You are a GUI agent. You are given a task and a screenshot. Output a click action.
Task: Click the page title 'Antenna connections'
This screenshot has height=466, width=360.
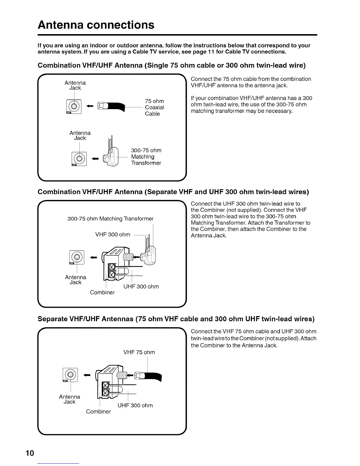click(96, 25)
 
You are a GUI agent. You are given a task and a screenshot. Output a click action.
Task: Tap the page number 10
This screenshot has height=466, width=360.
click(30, 453)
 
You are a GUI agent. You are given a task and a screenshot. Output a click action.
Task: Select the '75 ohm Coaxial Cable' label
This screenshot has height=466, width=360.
click(154, 107)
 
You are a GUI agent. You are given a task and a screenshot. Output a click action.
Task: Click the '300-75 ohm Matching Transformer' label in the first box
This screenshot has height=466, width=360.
click(146, 157)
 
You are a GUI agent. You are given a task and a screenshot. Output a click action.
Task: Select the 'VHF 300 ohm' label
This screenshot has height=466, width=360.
click(113, 234)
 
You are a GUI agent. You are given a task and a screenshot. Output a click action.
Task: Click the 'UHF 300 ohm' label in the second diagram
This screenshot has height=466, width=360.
click(141, 287)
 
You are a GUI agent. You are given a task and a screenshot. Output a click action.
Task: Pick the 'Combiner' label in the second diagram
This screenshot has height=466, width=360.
click(102, 293)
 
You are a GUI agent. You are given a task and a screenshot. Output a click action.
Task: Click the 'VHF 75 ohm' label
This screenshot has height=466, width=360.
click(139, 352)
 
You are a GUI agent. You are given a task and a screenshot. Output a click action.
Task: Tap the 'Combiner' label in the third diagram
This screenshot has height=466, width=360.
click(98, 412)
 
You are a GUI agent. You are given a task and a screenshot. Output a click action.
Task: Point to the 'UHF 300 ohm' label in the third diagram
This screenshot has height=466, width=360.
click(135, 406)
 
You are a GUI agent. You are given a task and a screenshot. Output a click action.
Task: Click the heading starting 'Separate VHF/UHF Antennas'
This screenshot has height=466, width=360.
click(176, 319)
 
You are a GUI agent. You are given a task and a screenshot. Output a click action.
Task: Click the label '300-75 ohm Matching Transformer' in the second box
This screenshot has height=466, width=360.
click(111, 219)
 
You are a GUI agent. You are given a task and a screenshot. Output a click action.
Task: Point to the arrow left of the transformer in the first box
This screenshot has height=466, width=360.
click(95, 159)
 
